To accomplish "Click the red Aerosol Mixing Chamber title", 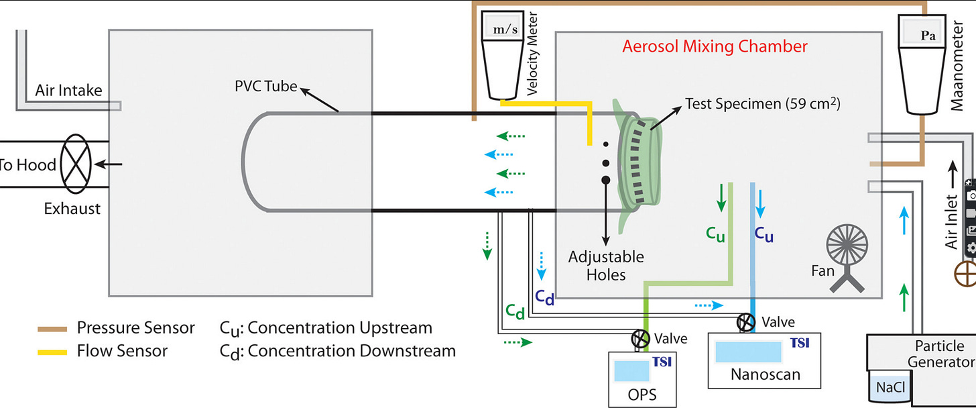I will [x=715, y=46].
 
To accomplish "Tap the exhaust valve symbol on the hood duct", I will [x=80, y=164].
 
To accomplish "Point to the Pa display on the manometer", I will [x=927, y=36].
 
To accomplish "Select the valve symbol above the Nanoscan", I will [x=745, y=323].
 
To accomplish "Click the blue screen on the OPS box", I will [x=630, y=370].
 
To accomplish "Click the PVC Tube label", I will [x=265, y=87].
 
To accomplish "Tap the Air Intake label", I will [x=70, y=90].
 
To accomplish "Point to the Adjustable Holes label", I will [x=606, y=265].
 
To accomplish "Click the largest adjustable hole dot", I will [x=605, y=180].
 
